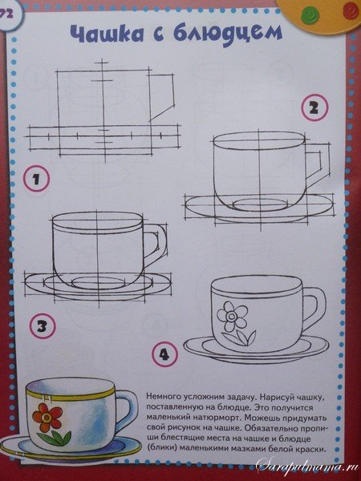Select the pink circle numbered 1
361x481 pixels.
pyautogui.click(x=37, y=179)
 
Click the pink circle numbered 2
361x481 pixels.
pyautogui.click(x=314, y=107)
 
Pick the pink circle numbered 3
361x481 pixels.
pyautogui.click(x=43, y=326)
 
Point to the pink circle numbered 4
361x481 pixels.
pyautogui.click(x=164, y=354)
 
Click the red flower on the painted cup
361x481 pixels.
pyautogui.click(x=47, y=418)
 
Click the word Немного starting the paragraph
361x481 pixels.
pyautogui.click(x=162, y=396)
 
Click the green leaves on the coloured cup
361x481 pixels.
pyautogui.click(x=55, y=438)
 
